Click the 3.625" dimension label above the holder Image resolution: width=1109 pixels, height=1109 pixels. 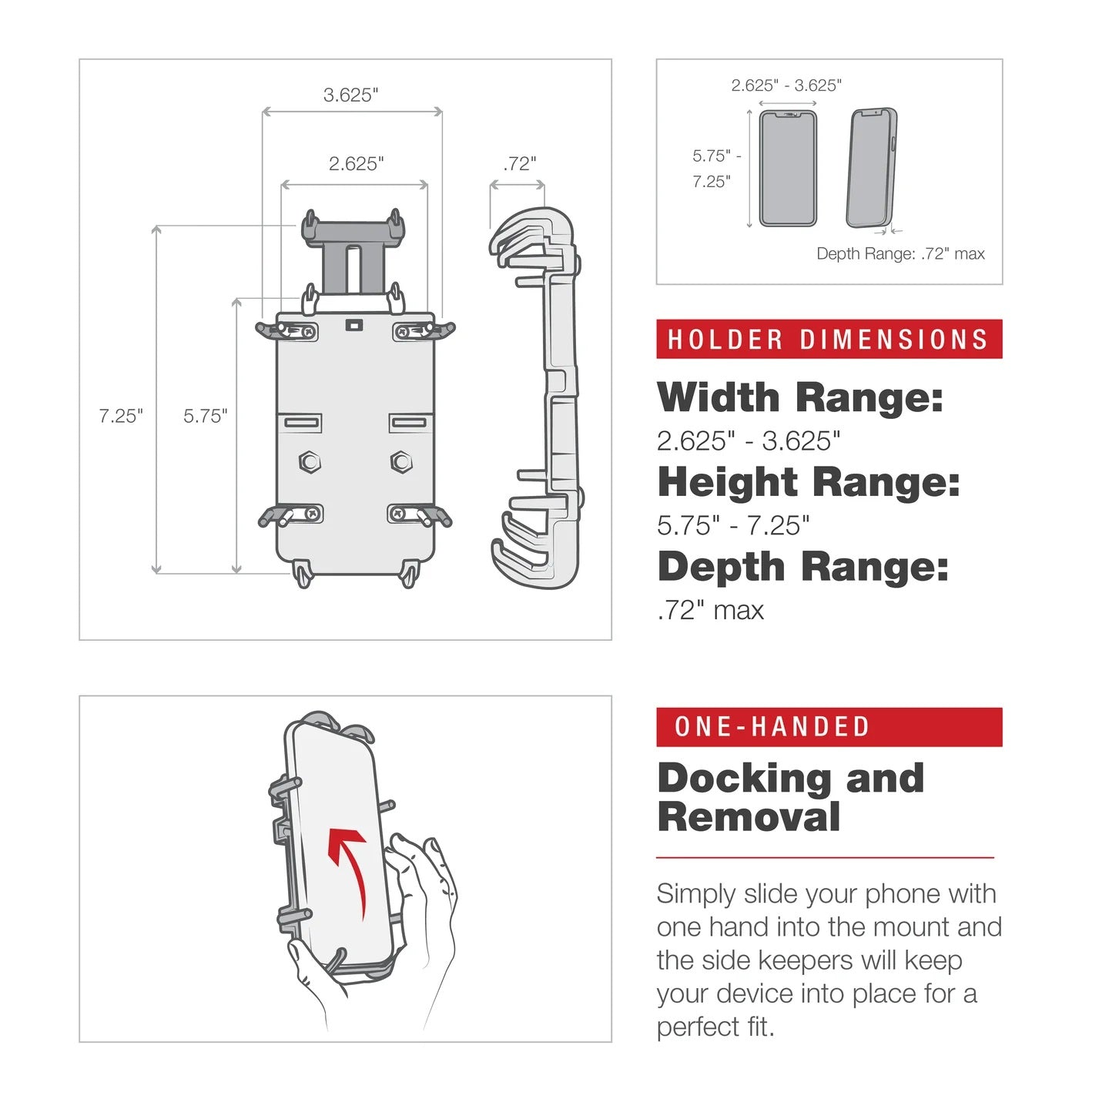(x=351, y=95)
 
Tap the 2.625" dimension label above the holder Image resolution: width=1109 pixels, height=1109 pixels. (x=356, y=163)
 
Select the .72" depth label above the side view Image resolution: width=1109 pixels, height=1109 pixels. (x=519, y=163)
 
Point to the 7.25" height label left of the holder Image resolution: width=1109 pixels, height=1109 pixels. (x=121, y=416)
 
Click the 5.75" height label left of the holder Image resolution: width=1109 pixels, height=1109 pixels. (x=205, y=416)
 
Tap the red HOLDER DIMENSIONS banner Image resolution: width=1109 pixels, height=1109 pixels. (x=829, y=340)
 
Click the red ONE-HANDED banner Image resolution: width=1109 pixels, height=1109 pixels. (x=829, y=727)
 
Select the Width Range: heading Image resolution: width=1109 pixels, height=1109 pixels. (x=799, y=397)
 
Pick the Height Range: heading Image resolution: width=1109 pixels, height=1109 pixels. (x=809, y=482)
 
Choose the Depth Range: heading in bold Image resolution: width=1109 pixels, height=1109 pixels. (x=802, y=567)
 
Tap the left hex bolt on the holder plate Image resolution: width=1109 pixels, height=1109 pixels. (x=310, y=462)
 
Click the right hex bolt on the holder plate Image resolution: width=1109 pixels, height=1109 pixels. (x=401, y=462)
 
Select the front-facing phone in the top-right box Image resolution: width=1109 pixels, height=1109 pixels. (x=788, y=169)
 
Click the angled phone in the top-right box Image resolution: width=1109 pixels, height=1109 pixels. (x=872, y=169)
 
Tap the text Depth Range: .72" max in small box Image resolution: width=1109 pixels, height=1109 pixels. (x=900, y=254)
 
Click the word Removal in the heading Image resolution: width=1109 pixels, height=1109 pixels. (x=749, y=817)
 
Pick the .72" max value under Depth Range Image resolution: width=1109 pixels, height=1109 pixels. (x=710, y=610)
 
